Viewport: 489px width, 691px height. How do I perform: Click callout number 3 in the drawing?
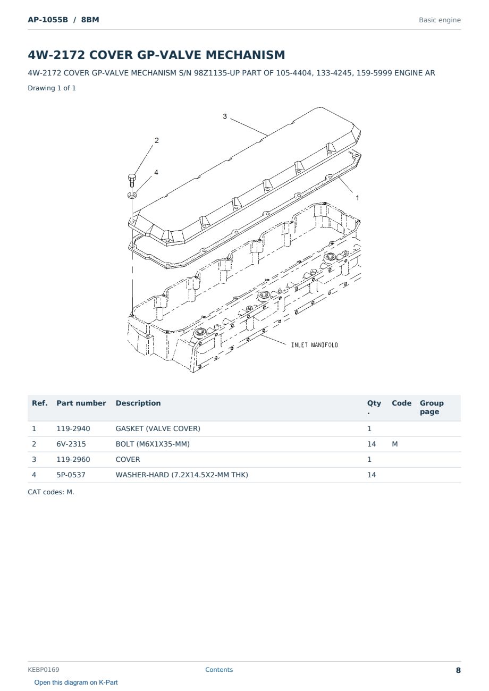pyautogui.click(x=225, y=116)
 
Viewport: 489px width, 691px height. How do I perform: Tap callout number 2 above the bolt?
pyautogui.click(x=157, y=140)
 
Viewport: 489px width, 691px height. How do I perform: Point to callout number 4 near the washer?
pyautogui.click(x=156, y=172)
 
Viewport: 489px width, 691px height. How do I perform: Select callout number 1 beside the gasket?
pyautogui.click(x=357, y=198)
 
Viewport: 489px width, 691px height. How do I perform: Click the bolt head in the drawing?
pyautogui.click(x=132, y=178)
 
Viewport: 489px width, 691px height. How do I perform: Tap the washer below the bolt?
pyautogui.click(x=132, y=195)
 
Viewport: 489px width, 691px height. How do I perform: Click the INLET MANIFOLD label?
pyautogui.click(x=314, y=345)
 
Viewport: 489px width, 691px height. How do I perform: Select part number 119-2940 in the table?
pyautogui.click(x=73, y=428)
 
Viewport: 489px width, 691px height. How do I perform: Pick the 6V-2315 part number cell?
pyautogui.click(x=71, y=444)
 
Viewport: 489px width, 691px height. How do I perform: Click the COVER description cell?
pyautogui.click(x=128, y=459)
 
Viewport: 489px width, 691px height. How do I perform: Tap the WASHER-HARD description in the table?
pyautogui.click(x=182, y=475)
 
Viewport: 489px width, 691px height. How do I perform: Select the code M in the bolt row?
pyautogui.click(x=394, y=444)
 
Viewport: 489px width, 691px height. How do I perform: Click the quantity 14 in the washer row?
pyautogui.click(x=372, y=475)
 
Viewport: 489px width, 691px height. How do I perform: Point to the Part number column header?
pyautogui.click(x=81, y=403)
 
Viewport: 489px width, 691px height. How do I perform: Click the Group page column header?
pyautogui.click(x=432, y=407)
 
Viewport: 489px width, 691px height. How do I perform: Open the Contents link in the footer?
pyautogui.click(x=219, y=670)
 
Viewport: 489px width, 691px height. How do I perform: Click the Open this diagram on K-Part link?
pyautogui.click(x=76, y=682)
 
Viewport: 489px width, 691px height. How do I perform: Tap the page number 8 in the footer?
pyautogui.click(x=458, y=670)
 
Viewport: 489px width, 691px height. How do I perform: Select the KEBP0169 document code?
pyautogui.click(x=44, y=670)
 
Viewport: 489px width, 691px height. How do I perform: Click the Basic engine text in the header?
pyautogui.click(x=440, y=20)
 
